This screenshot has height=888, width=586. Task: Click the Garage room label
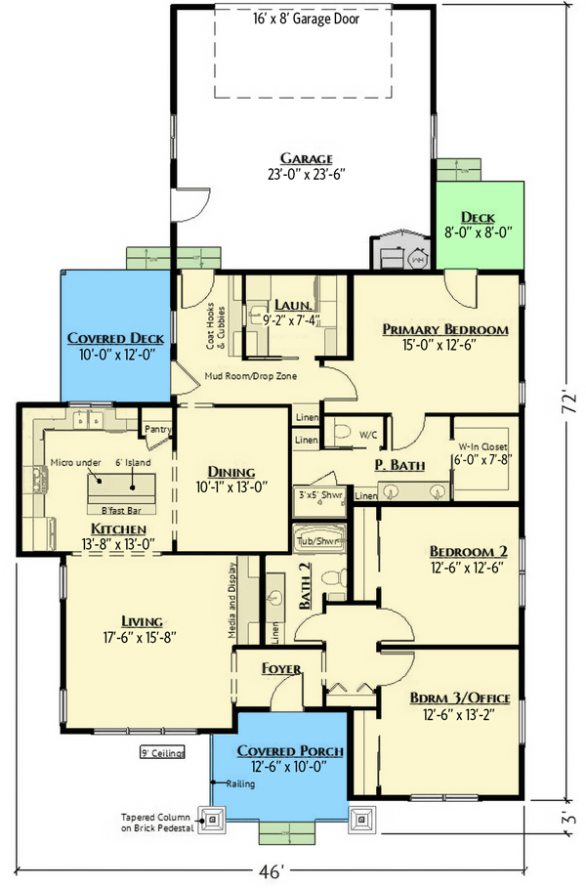click(307, 158)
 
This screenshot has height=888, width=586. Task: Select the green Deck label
click(478, 217)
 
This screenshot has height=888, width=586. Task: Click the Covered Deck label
click(115, 338)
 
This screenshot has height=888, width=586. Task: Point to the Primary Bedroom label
click(445, 330)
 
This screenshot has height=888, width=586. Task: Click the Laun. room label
click(293, 304)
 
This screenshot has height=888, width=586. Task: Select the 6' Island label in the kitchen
click(130, 464)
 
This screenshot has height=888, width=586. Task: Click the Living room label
click(142, 621)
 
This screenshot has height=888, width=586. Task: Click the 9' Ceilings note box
click(162, 753)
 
